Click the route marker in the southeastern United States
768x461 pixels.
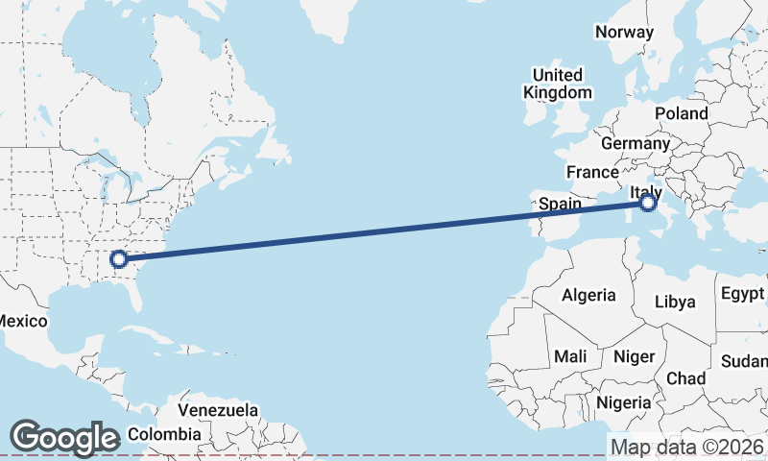point(118,258)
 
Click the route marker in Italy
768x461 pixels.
point(648,203)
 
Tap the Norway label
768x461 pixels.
point(624,32)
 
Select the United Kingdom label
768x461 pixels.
point(557,84)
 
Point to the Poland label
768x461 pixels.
point(682,113)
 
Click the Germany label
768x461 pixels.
point(635,143)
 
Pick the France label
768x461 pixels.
point(592,172)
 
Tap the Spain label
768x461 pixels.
point(561,204)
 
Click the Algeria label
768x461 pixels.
point(588,295)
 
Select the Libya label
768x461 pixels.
point(675,302)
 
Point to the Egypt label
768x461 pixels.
point(743,293)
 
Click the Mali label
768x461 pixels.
point(570,356)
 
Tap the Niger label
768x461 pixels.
point(634,356)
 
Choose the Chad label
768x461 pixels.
point(686,378)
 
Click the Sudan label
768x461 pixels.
point(746,361)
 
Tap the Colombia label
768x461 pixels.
point(165,433)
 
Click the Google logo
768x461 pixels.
point(64,437)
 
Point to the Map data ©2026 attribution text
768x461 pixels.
point(687,447)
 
